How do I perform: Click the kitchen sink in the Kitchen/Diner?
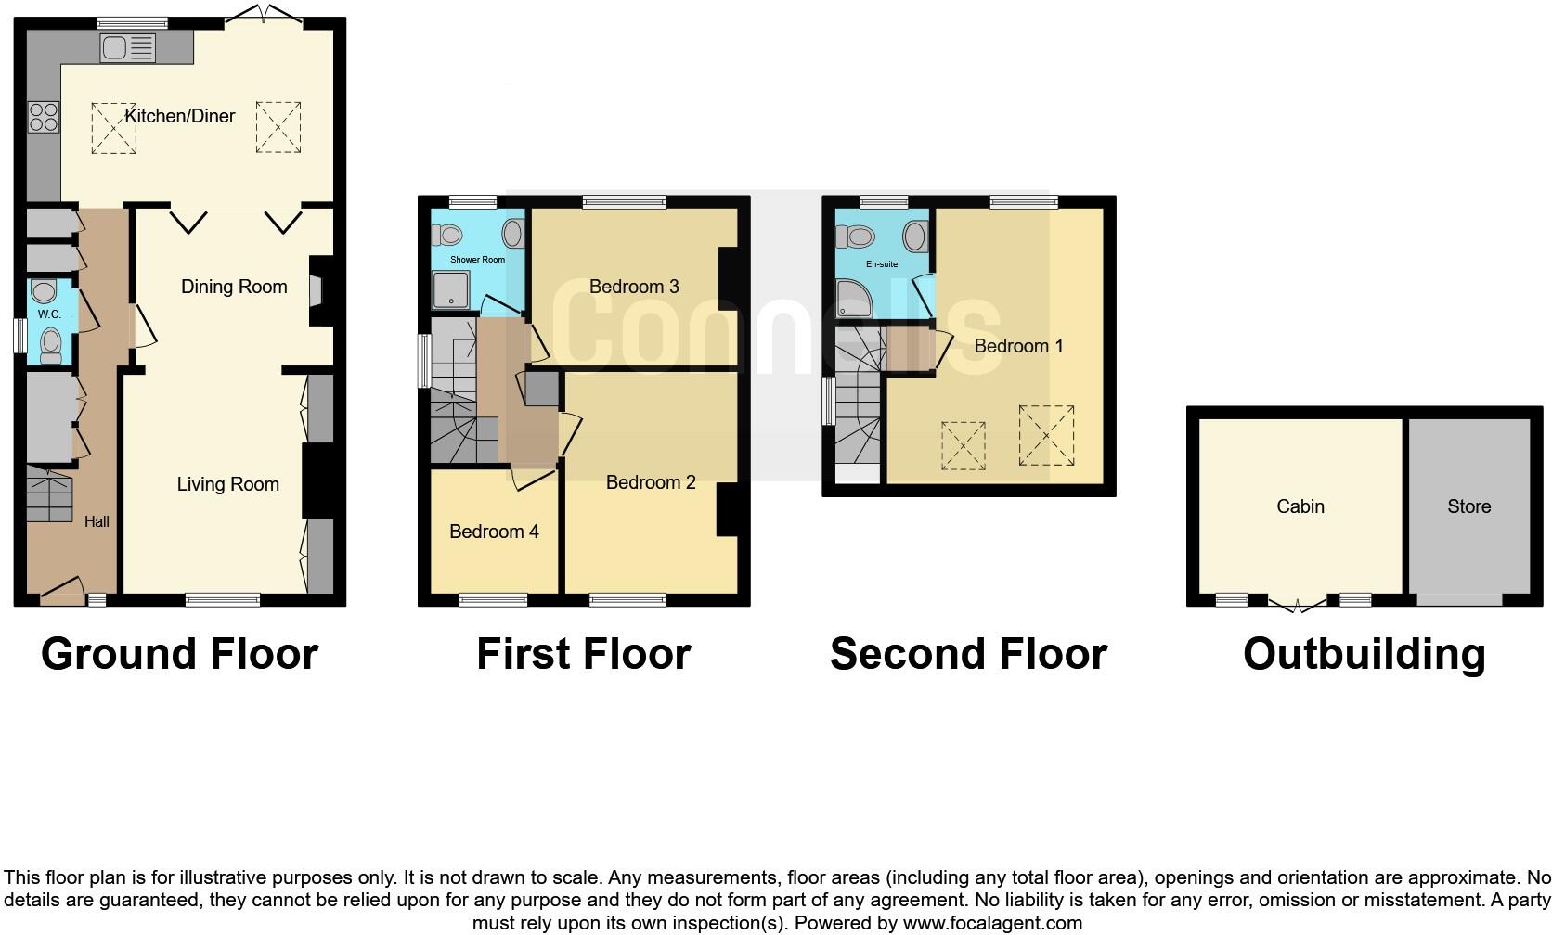click(128, 47)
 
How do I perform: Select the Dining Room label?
click(234, 287)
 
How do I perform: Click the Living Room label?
click(227, 484)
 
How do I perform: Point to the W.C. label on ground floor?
click(49, 314)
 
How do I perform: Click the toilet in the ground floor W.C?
click(50, 347)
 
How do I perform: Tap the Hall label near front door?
click(97, 521)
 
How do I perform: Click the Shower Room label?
click(477, 260)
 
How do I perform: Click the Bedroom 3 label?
click(634, 287)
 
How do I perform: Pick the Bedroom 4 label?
click(494, 532)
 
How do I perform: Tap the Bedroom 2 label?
click(651, 482)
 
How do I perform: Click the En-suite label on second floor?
click(881, 264)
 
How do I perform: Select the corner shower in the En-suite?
click(851, 300)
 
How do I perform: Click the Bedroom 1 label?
click(1018, 346)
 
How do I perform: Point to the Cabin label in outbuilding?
click(1300, 506)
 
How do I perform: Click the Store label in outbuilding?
click(1468, 506)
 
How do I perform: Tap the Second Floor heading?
click(968, 654)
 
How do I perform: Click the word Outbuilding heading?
click(1364, 654)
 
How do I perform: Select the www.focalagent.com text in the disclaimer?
click(992, 923)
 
